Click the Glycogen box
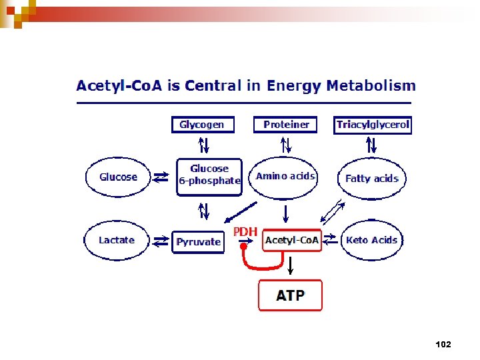pyautogui.click(x=203, y=125)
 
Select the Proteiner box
pyautogui.click(x=286, y=125)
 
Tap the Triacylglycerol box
pyautogui.click(x=373, y=125)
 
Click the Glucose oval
pyautogui.click(x=118, y=177)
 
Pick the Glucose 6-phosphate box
pyautogui.click(x=209, y=176)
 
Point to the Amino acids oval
pyautogui.click(x=285, y=177)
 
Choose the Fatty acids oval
pyautogui.click(x=371, y=179)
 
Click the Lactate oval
pyautogui.click(x=117, y=240)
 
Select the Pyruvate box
pyautogui.click(x=198, y=242)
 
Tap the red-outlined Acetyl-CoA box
pyautogui.click(x=292, y=240)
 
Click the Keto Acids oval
pyautogui.click(x=371, y=240)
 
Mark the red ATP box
pyautogui.click(x=290, y=295)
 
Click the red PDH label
pyautogui.click(x=245, y=231)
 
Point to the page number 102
pyautogui.click(x=443, y=344)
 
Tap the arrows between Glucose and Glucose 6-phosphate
pyautogui.click(x=161, y=177)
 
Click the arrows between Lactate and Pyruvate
pyautogui.click(x=161, y=241)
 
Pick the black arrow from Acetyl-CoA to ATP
pyautogui.click(x=290, y=264)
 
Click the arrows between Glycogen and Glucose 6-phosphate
pyautogui.click(x=203, y=145)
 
